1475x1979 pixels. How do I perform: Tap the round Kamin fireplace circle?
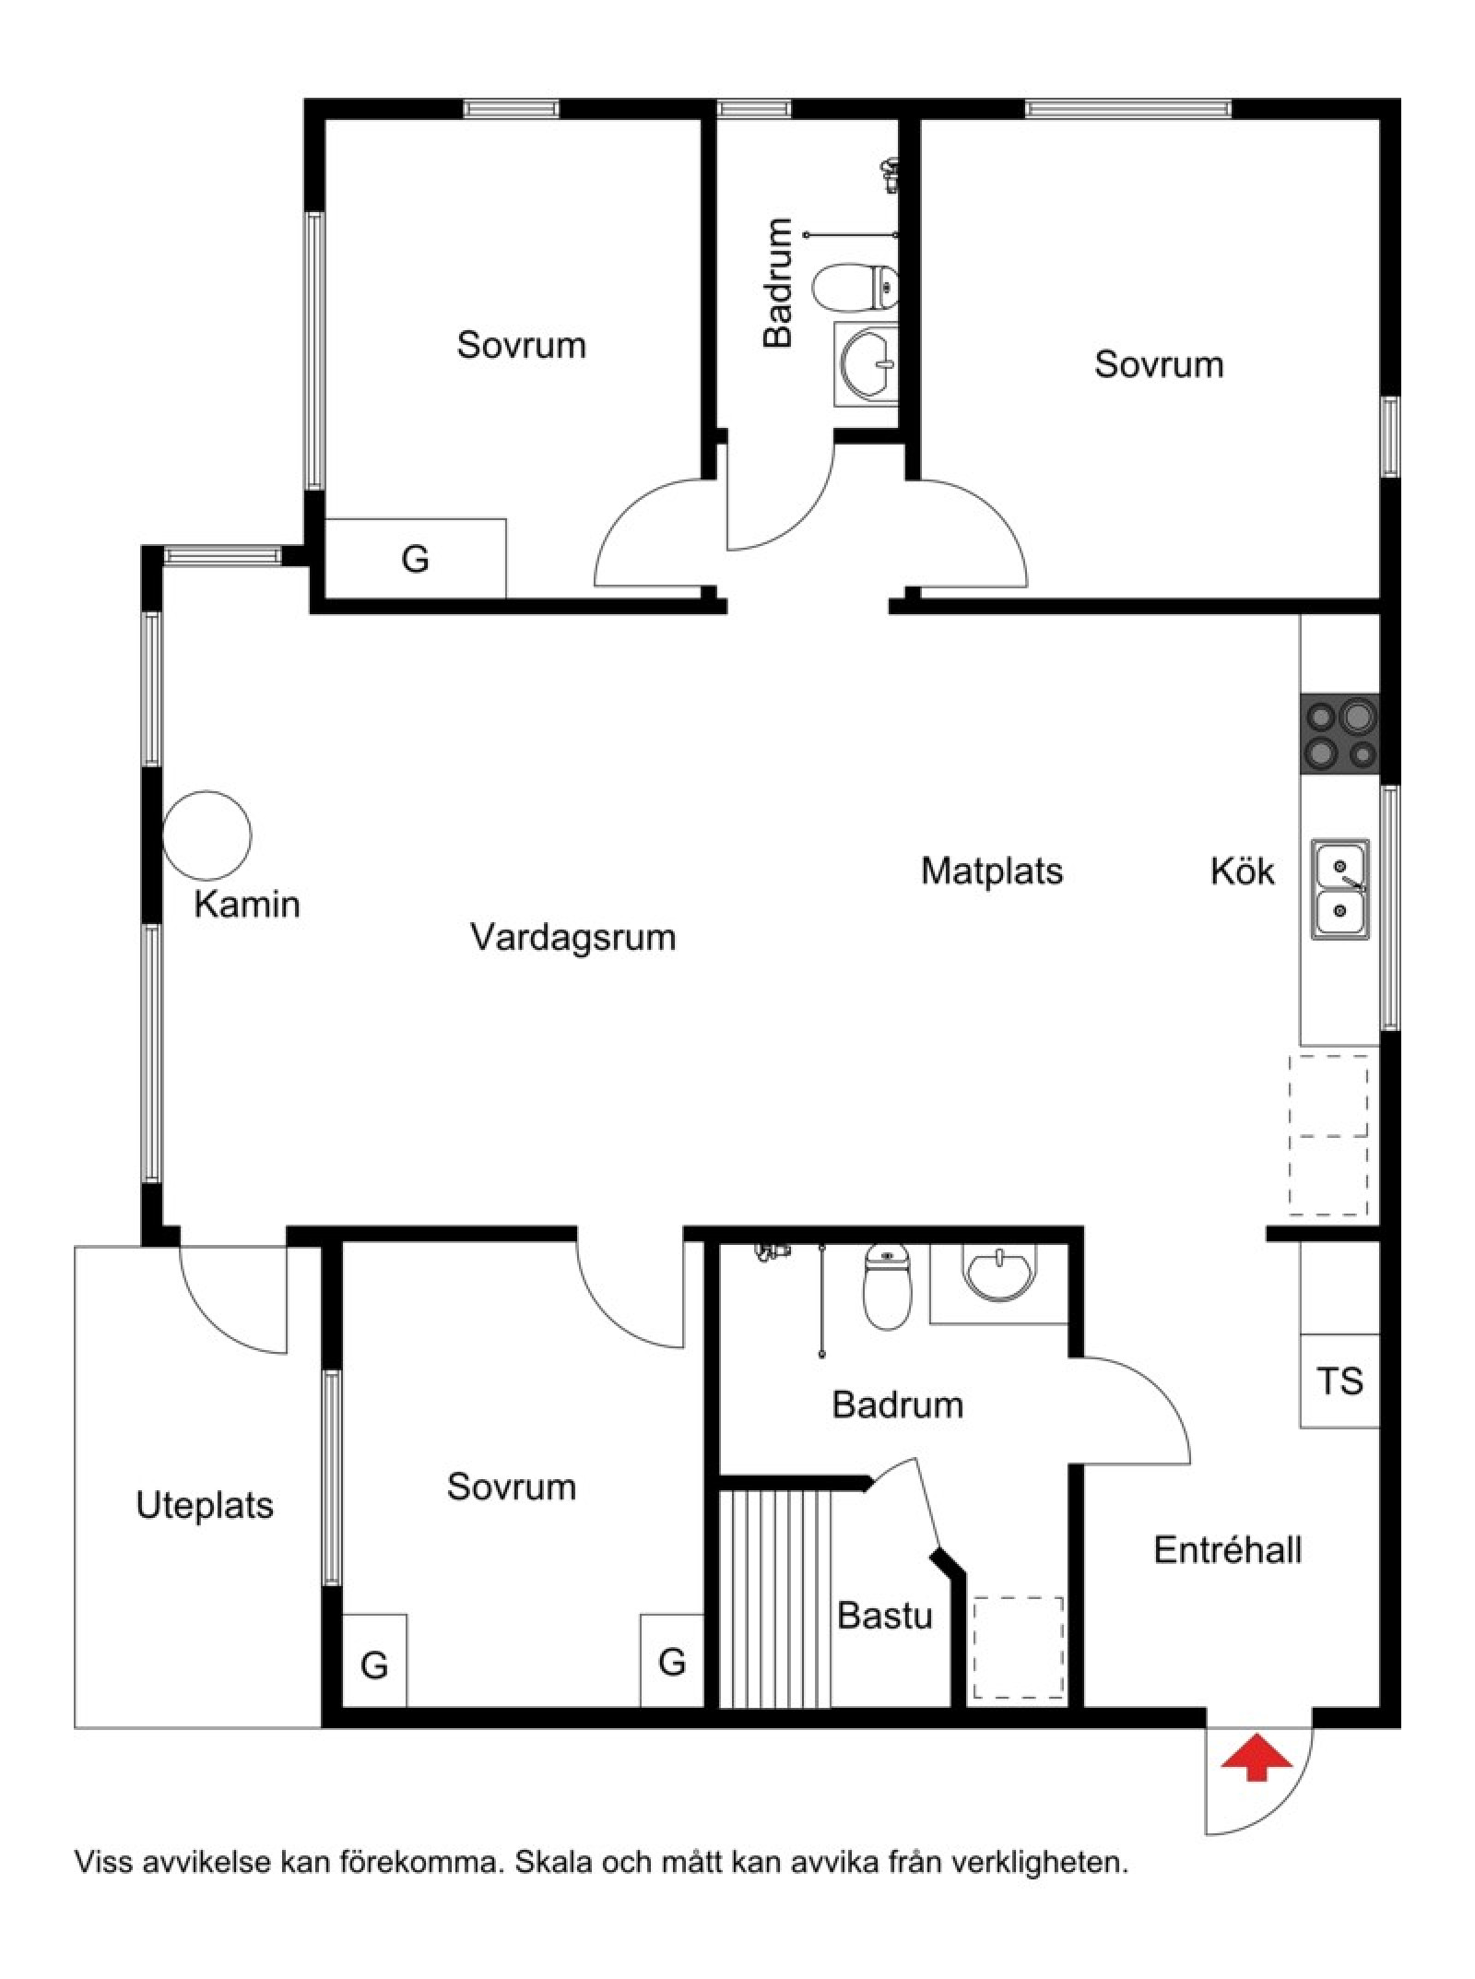coord(207,835)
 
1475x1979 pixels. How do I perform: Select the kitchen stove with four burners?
coord(1339,734)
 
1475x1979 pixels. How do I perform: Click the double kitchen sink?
coord(1340,890)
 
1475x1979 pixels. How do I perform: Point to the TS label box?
coord(1339,1381)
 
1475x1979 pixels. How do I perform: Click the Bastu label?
coord(884,1616)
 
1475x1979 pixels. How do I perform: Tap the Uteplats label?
coord(205,1506)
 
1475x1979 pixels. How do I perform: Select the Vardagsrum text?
coord(573,938)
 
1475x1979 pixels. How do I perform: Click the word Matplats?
coord(992,871)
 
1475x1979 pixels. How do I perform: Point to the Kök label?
coord(1242,871)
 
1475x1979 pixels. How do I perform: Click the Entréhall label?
coord(1227,1550)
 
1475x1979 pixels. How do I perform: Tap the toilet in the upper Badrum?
coord(855,288)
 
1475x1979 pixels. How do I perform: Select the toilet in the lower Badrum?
coord(887,1286)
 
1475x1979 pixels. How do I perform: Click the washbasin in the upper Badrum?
coord(867,364)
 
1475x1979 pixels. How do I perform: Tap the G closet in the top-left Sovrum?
coord(415,558)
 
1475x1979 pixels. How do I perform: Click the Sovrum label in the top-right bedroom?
coord(1159,364)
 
